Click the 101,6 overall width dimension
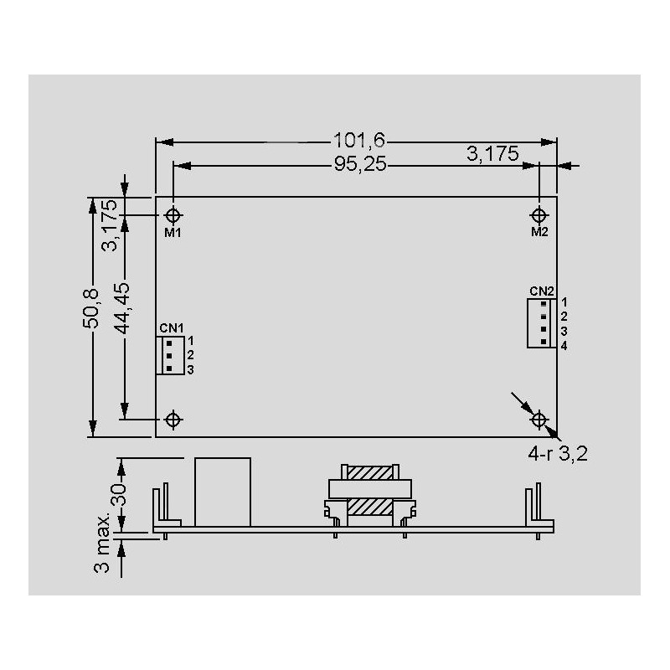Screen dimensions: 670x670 tap(359, 140)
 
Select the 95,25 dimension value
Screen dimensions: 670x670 tap(360, 163)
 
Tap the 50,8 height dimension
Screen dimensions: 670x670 tap(90, 308)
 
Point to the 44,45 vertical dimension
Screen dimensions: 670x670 tap(122, 308)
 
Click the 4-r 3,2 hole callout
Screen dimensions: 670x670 tap(558, 453)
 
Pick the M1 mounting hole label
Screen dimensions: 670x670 tap(173, 233)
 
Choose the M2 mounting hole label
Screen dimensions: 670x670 tap(539, 232)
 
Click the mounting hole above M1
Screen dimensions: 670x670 tap(173, 215)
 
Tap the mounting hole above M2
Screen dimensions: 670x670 tap(539, 215)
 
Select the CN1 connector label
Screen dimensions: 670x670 tap(172, 328)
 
